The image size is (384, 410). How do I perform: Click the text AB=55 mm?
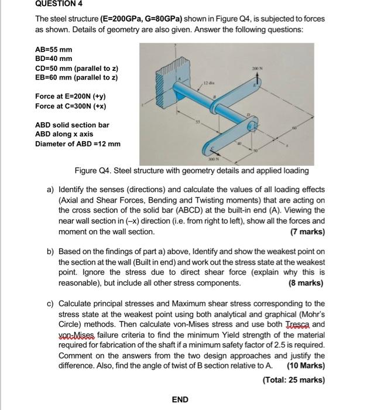tap(54, 50)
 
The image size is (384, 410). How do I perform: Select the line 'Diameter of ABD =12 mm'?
tap(78, 144)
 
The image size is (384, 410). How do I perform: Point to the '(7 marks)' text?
tap(306, 231)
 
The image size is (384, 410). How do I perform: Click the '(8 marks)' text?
tap(305, 283)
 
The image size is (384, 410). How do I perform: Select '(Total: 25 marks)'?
tap(294, 380)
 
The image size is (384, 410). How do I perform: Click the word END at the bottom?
tap(180, 399)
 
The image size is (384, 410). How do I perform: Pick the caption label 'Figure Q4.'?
tap(93, 171)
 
